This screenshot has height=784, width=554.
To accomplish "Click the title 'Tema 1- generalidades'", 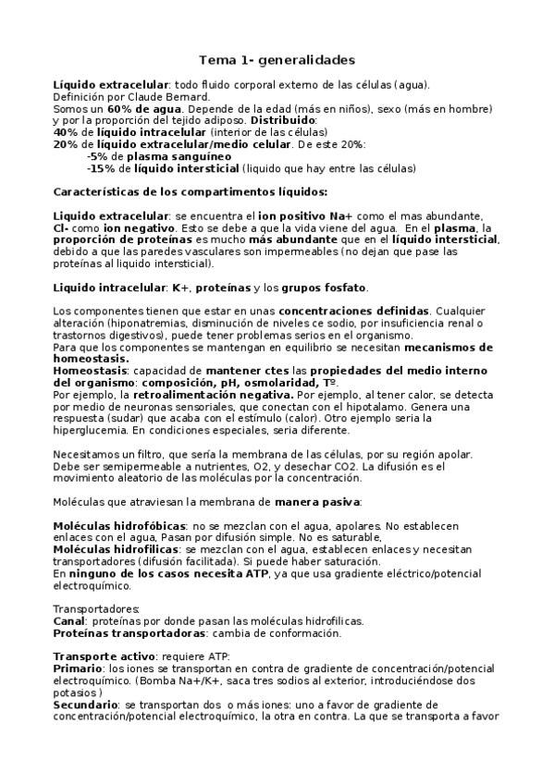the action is click(277, 60).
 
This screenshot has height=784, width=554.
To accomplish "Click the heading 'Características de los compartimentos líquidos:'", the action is click(190, 192).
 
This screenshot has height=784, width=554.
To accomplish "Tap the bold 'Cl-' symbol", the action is click(63, 228).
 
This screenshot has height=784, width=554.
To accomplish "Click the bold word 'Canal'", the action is click(70, 621).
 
